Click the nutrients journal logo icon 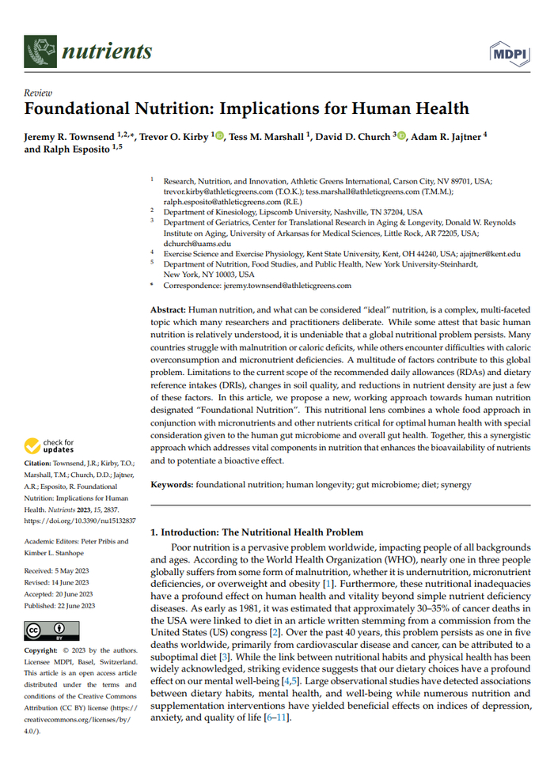click(x=40, y=51)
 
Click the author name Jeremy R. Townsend click(x=69, y=136)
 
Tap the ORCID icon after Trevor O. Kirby click(x=218, y=136)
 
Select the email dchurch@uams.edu click(x=194, y=244)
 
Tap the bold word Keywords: click(x=173, y=484)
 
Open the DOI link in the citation click(x=79, y=521)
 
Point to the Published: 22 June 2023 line click(x=63, y=604)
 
